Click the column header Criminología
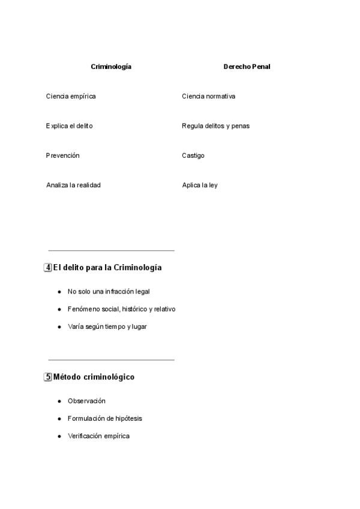[x=111, y=67]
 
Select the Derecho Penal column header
[x=247, y=67]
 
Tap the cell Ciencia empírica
[x=71, y=96]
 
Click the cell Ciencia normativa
[x=208, y=96]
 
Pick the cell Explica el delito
[x=69, y=126]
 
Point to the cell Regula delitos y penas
[x=215, y=126]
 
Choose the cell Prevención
[x=62, y=155]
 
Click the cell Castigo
[x=193, y=155]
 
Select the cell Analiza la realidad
[x=73, y=185]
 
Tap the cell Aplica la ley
[x=200, y=185]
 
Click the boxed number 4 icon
[x=48, y=268]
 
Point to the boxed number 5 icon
[x=48, y=377]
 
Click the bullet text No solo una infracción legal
[x=109, y=292]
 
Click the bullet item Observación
[x=86, y=401]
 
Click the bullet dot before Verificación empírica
[x=59, y=436]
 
